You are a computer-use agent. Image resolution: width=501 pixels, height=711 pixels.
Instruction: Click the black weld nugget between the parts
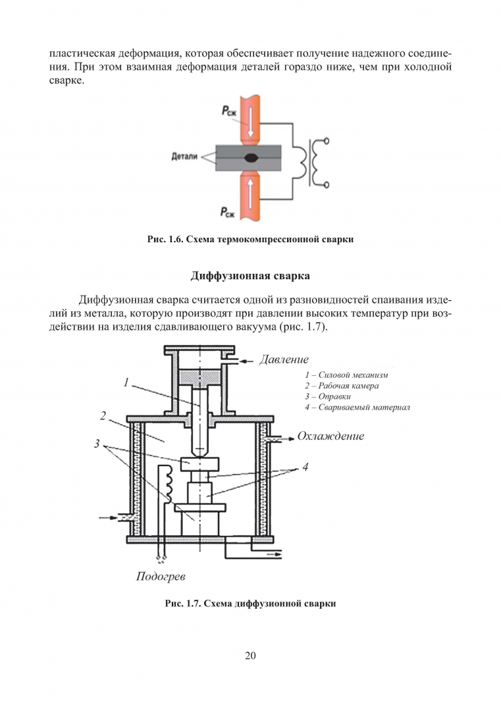pos(251,158)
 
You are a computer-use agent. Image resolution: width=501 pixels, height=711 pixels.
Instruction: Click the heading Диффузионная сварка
pos(250,275)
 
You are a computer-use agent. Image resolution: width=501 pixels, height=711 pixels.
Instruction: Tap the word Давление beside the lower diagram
pos(284,359)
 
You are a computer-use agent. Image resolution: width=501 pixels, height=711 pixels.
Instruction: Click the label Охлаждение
pos(330,436)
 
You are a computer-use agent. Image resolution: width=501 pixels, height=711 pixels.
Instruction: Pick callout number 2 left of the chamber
pos(103,415)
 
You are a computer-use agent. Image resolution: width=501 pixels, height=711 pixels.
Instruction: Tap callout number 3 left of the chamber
pos(97,444)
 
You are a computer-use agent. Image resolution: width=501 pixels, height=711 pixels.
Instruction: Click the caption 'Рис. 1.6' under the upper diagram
pos(250,240)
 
